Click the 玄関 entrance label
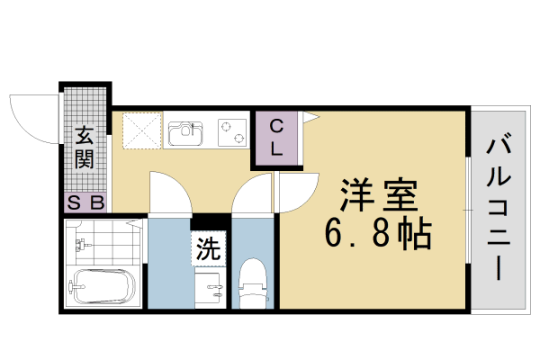tap(85, 149)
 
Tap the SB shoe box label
tap(85, 203)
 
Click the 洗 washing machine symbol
tap(208, 249)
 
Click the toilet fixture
tap(253, 281)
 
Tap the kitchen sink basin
tap(186, 134)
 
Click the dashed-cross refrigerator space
tap(141, 130)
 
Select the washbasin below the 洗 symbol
tap(211, 290)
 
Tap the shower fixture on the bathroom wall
tap(84, 243)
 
